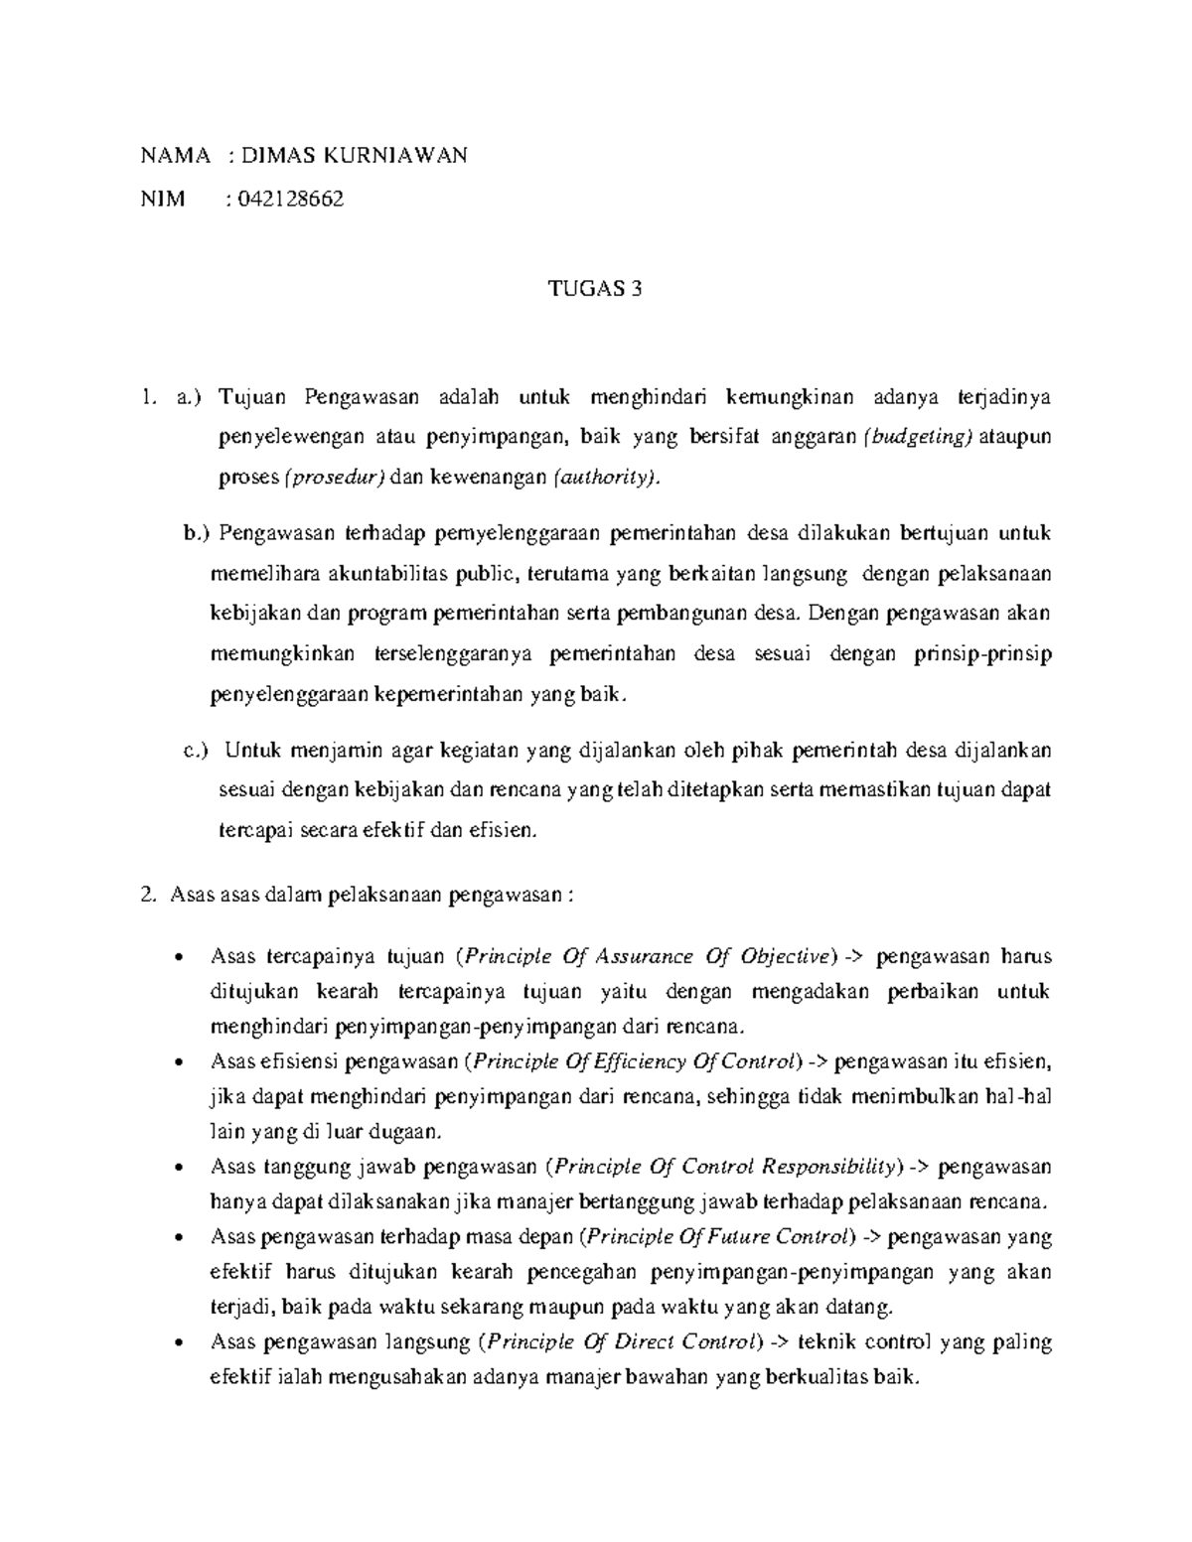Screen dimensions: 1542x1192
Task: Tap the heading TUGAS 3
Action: (596, 289)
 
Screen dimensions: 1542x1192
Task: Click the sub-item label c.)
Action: (198, 750)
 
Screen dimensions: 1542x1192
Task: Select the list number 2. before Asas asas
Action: (150, 895)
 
